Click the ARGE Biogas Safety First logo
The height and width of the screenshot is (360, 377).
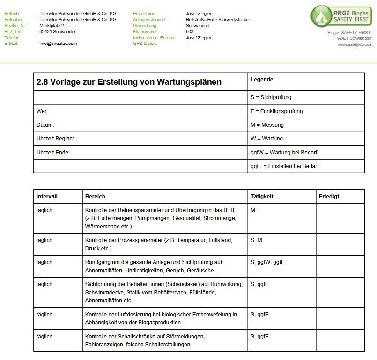click(341, 16)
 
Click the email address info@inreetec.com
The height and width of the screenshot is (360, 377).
click(58, 44)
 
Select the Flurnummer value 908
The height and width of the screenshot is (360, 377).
click(190, 32)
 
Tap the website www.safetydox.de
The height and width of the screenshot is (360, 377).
click(355, 44)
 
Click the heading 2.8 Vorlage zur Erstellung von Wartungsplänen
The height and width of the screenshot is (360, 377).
click(129, 82)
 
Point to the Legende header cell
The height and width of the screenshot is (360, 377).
click(262, 80)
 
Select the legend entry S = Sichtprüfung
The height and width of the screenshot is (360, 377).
click(271, 97)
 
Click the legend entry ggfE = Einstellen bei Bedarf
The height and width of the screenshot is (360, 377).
click(285, 166)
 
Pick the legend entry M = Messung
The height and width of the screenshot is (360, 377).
click(267, 125)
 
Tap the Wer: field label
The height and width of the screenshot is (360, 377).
click(42, 111)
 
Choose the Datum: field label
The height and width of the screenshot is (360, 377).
click(45, 125)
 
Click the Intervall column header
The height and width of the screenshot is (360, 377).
click(47, 197)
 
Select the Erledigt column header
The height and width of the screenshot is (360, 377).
click(329, 197)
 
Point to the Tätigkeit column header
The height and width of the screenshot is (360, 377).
click(262, 197)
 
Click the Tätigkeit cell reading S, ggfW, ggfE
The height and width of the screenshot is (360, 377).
click(267, 262)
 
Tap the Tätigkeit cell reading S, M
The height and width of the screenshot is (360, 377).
click(257, 240)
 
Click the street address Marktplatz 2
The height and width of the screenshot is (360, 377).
click(52, 26)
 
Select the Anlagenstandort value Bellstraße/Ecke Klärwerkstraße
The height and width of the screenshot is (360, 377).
click(217, 20)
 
